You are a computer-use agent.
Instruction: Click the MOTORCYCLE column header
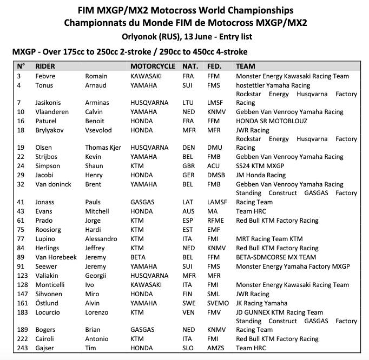(x=153, y=66)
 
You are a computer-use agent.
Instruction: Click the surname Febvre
(x=45, y=76)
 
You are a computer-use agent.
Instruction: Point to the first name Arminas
(x=97, y=103)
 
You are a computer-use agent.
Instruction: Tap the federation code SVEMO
(x=218, y=303)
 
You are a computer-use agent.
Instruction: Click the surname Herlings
(x=48, y=248)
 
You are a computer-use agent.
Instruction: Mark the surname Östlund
(x=47, y=303)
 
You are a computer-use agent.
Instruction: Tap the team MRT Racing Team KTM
(x=269, y=239)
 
